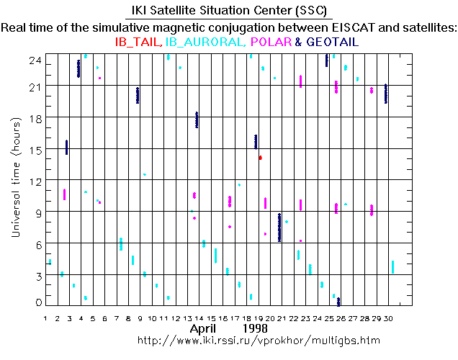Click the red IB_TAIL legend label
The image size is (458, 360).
139,42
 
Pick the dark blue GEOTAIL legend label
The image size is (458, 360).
332,42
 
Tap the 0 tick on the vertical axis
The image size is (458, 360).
37,303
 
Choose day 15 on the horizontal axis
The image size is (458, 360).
212,318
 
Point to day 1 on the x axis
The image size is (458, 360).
46,318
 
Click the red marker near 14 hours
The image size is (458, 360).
260,157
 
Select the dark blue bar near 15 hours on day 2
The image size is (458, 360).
67,147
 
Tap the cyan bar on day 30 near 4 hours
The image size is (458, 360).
392,266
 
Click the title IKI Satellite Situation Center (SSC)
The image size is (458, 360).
228,12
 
